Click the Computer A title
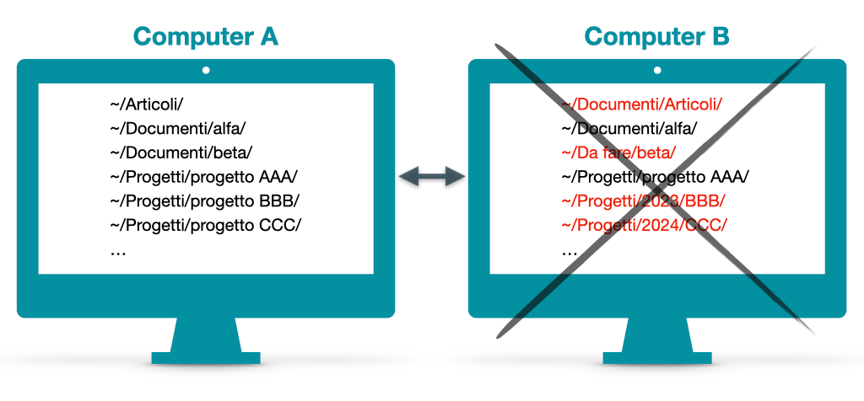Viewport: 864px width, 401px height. [x=205, y=36]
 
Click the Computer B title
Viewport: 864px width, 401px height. [x=656, y=36]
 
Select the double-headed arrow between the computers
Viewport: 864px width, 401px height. [x=432, y=176]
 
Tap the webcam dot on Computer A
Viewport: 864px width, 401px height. [x=206, y=70]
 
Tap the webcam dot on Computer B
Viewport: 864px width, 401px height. [x=657, y=70]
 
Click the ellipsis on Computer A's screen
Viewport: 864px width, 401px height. [x=118, y=250]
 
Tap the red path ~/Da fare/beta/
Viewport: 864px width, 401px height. [x=618, y=153]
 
